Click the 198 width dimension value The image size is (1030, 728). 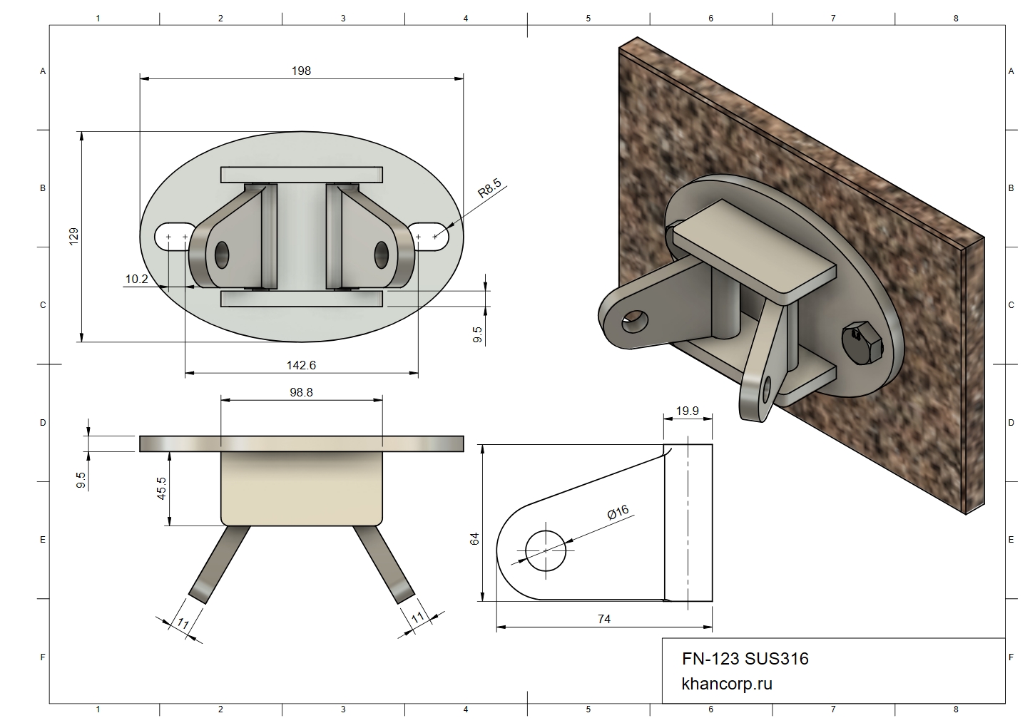pyautogui.click(x=301, y=71)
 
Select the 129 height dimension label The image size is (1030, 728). pyautogui.click(x=73, y=236)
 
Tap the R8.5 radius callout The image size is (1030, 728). pyautogui.click(x=490, y=188)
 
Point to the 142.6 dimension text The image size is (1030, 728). pyautogui.click(x=301, y=365)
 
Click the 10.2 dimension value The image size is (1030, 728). pyautogui.click(x=136, y=279)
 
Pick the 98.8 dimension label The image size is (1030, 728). pyautogui.click(x=301, y=392)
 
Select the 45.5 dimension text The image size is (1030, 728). pyautogui.click(x=162, y=488)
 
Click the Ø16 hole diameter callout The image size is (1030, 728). pyautogui.click(x=618, y=512)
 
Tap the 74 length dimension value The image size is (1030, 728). pyautogui.click(x=604, y=619)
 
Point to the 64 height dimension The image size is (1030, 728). pyautogui.click(x=474, y=538)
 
